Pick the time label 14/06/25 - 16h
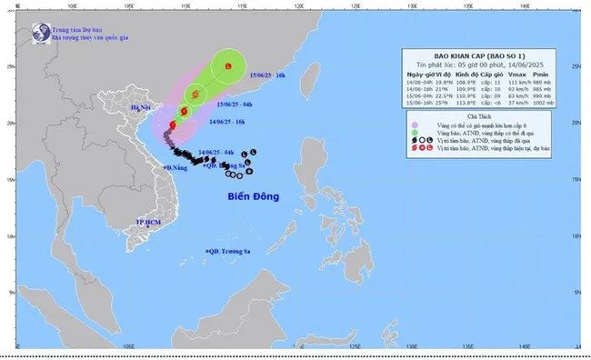pos(228,122)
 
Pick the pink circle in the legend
pos(415,127)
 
